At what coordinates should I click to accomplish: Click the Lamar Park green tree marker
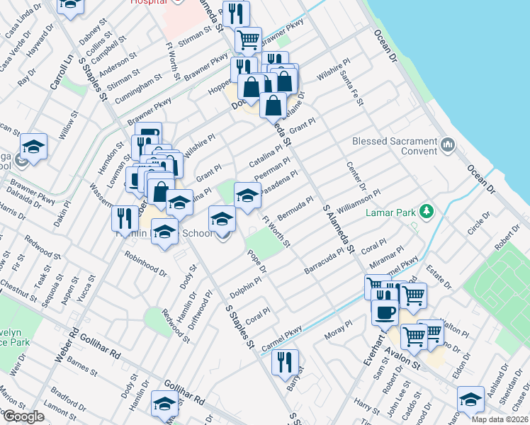[427, 211]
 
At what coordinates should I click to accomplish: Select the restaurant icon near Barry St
[285, 361]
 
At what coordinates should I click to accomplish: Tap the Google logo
[23, 416]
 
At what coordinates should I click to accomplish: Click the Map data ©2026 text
[500, 419]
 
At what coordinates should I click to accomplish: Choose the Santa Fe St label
[351, 88]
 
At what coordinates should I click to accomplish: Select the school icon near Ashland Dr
[470, 399]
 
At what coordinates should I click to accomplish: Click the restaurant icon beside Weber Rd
[124, 217]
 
